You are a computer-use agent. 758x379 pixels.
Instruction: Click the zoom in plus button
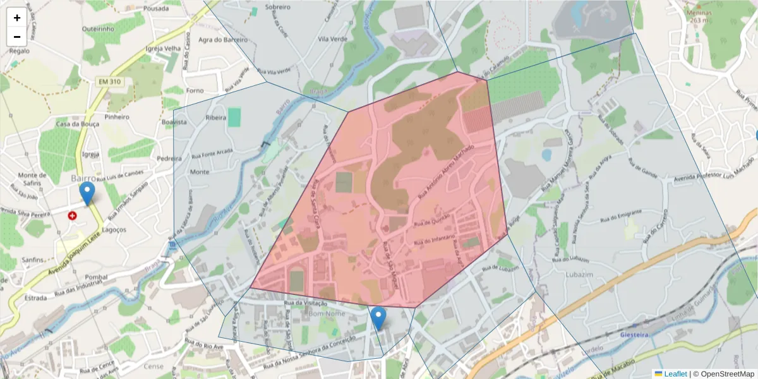coord(17,18)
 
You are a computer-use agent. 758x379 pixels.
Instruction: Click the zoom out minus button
coord(17,37)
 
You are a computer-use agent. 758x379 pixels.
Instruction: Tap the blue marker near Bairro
coord(87,193)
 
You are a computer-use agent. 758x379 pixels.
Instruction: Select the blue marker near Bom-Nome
coord(378,318)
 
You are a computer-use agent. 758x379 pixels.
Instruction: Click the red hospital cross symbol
coord(73,215)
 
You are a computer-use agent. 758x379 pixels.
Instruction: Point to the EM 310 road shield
coord(109,81)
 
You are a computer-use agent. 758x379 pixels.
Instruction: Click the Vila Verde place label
coord(333,39)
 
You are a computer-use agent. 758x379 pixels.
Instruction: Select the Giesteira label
coord(635,335)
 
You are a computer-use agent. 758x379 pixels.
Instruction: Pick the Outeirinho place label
coord(97,28)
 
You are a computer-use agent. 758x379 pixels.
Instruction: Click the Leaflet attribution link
coord(675,373)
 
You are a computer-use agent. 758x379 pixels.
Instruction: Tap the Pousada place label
coord(156,9)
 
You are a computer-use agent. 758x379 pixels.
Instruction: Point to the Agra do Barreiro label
coord(222,40)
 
